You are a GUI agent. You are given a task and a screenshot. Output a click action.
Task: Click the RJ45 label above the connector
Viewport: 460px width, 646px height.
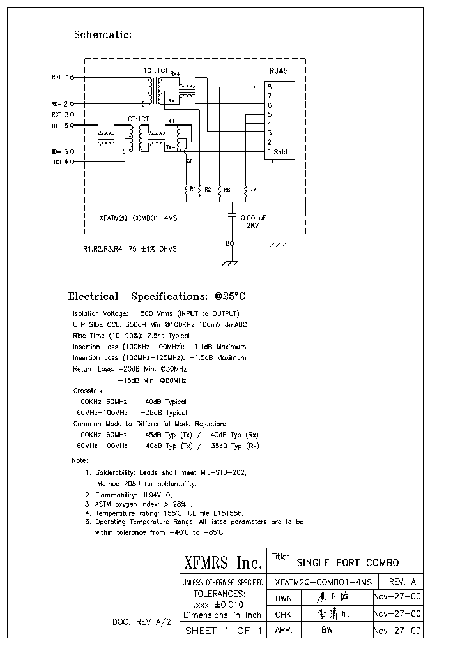[279, 71]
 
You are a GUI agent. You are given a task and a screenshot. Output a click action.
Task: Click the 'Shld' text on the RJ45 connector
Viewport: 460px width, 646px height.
[280, 152]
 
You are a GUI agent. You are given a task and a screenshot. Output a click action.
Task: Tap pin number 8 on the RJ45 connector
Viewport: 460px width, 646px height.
[270, 86]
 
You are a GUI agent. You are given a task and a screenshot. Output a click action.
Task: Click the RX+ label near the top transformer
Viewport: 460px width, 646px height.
[174, 73]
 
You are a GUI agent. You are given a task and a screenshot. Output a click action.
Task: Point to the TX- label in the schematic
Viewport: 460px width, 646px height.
[170, 147]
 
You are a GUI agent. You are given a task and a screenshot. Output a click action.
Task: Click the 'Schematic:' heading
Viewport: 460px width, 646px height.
[103, 34]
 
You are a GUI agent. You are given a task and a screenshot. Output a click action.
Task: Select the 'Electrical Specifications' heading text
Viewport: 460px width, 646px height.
[157, 297]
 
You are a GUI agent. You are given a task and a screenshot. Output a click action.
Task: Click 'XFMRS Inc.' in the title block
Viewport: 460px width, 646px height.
[223, 563]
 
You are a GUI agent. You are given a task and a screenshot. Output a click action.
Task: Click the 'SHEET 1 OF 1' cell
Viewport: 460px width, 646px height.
[223, 631]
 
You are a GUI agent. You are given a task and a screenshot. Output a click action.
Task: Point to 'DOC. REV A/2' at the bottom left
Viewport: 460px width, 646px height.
[141, 622]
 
